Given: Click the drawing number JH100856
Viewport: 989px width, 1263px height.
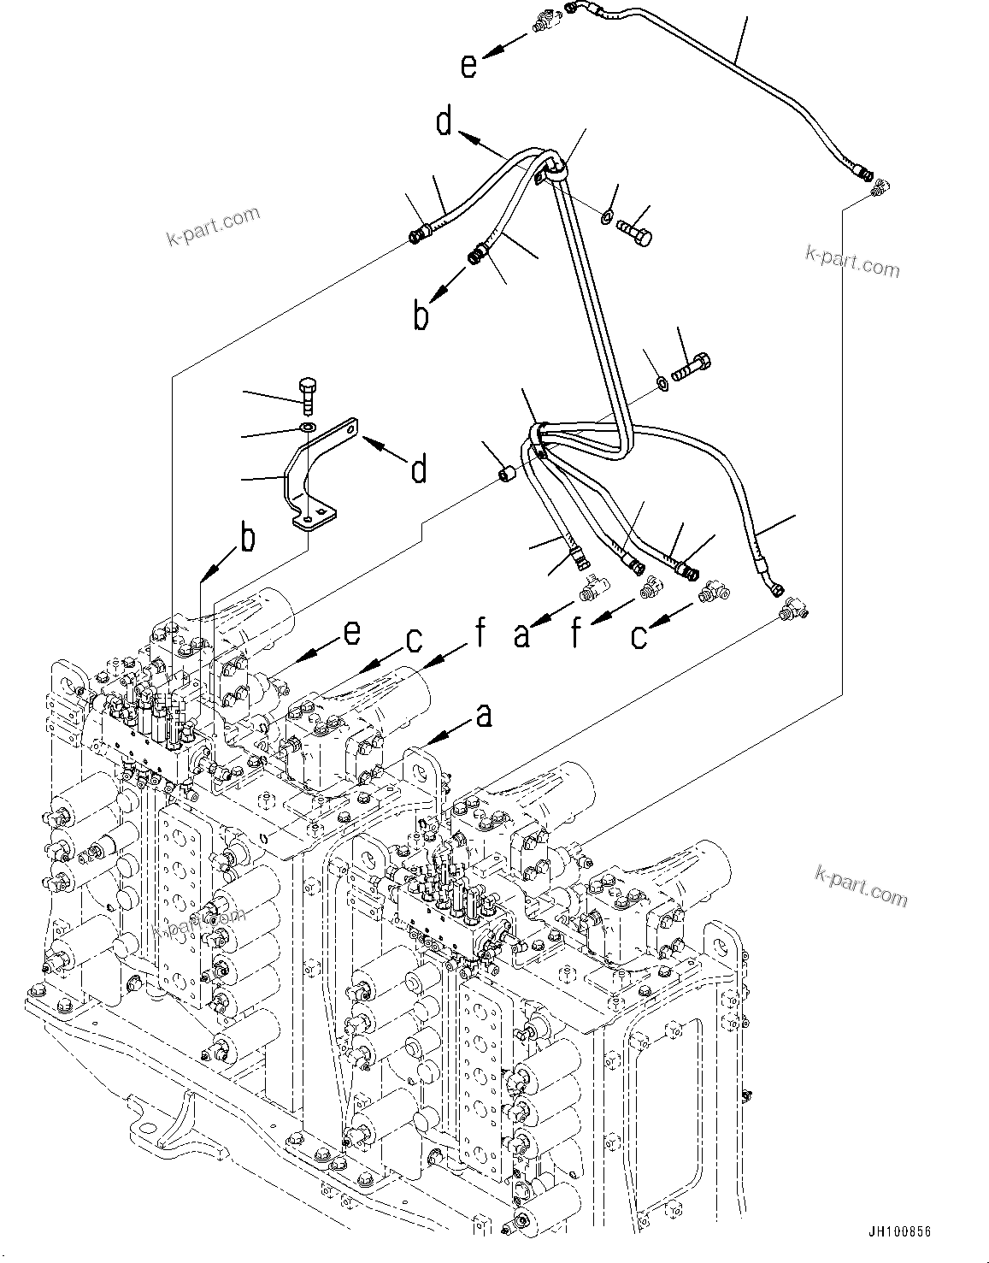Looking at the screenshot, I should point(899,1231).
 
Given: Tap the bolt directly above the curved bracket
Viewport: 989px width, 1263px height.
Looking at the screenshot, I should point(309,394).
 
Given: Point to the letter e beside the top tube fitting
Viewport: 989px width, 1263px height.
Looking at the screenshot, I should point(468,66).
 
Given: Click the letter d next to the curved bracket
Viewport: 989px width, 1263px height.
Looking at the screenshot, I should point(418,469).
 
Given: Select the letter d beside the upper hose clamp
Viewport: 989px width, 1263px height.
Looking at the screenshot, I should point(444,121).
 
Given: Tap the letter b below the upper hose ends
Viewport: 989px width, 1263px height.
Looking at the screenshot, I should point(421,316).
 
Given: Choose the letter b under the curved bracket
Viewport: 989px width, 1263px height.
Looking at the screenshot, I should point(246,539).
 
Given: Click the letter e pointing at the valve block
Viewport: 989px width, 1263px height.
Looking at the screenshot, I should point(350,633).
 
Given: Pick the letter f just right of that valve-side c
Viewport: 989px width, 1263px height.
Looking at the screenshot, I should point(480,634).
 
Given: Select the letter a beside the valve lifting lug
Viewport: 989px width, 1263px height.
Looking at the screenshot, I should point(484,715).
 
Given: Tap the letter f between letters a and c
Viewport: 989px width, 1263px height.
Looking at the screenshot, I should point(576,634).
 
